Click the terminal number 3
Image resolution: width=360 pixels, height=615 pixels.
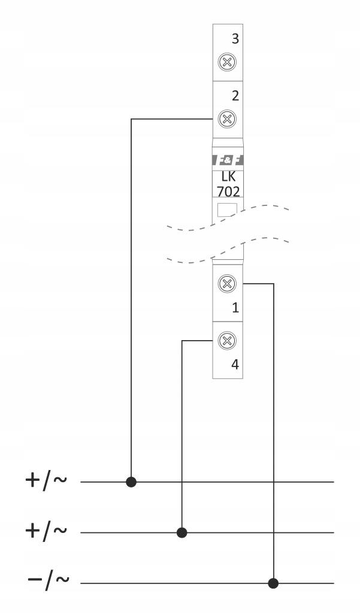click(x=235, y=39)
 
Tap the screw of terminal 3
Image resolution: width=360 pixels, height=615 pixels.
click(x=227, y=62)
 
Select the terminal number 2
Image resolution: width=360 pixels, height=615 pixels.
click(x=235, y=96)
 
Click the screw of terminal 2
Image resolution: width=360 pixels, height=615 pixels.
click(x=227, y=119)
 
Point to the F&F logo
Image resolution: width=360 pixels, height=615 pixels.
click(x=228, y=160)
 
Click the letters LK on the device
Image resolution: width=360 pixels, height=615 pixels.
click(x=228, y=177)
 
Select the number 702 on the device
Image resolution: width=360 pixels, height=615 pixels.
click(x=228, y=192)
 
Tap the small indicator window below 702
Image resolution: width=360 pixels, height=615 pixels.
click(x=227, y=210)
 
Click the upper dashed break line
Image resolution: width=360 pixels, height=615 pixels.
click(x=228, y=217)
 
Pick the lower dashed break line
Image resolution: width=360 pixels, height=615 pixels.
click(x=228, y=250)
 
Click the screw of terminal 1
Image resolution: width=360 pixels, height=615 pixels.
click(x=227, y=283)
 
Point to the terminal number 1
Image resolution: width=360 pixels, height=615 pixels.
click(x=235, y=308)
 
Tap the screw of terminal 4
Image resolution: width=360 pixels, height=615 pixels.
click(x=227, y=340)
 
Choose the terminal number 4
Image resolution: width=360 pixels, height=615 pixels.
click(x=235, y=365)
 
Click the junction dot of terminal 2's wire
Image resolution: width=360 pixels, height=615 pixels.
click(x=131, y=481)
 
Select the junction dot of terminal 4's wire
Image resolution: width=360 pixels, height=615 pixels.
click(x=181, y=532)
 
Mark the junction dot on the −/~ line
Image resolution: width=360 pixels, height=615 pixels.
click(x=273, y=583)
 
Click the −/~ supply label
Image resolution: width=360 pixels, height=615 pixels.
click(x=49, y=581)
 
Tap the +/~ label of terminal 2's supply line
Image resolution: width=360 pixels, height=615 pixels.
click(x=46, y=480)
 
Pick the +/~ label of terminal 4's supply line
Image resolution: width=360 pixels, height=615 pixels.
click(x=46, y=531)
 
